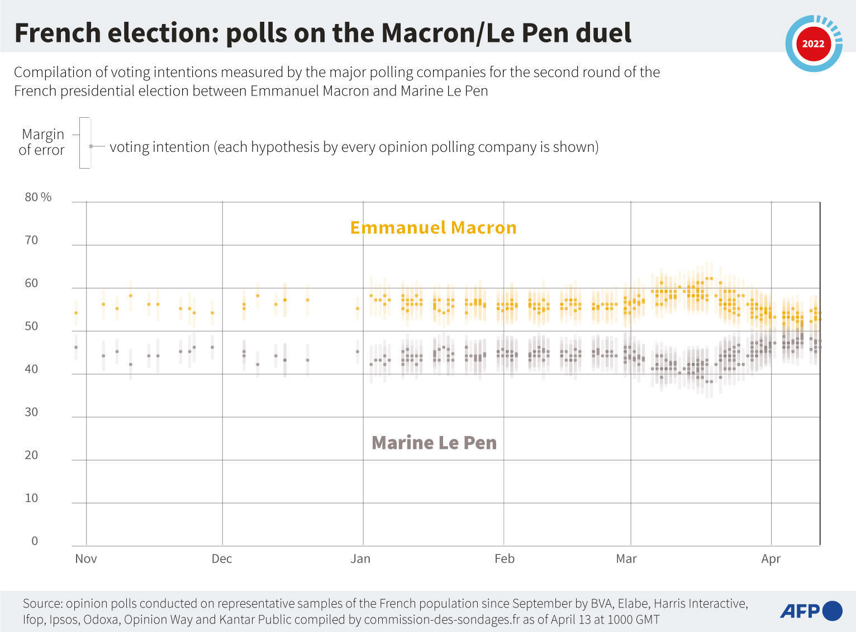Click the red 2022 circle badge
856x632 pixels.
(814, 44)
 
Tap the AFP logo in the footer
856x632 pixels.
(811, 611)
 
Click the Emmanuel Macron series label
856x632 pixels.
(433, 228)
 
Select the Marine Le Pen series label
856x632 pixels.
(434, 443)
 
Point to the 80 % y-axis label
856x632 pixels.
(38, 197)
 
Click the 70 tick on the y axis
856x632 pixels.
(32, 240)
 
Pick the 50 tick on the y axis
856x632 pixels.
(32, 326)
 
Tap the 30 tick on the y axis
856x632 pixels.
(32, 412)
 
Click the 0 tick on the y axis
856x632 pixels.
(35, 541)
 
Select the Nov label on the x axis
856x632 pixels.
(86, 559)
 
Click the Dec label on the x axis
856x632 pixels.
(222, 559)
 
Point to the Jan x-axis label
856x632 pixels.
(360, 559)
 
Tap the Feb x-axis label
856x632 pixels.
(504, 559)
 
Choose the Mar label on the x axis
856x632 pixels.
(626, 559)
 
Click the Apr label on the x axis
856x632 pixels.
(771, 559)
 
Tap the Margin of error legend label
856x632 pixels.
(42, 142)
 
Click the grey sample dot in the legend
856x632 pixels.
(91, 147)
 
